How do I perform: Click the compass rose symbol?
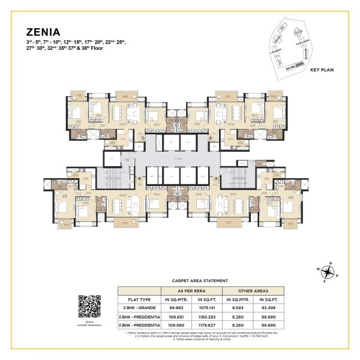point(328,271)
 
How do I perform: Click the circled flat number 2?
point(211,137)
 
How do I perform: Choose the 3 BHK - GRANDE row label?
point(137,307)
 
